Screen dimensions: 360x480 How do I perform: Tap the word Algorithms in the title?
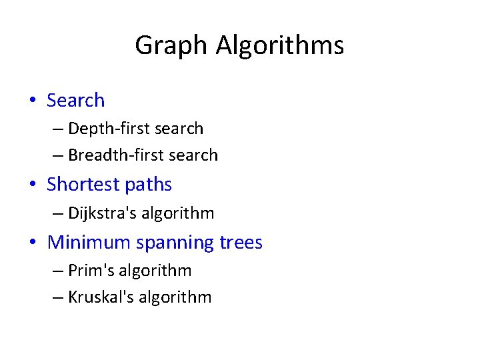pos(280,46)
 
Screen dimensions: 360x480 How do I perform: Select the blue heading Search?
pos(75,101)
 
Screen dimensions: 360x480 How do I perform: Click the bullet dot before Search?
pos(32,101)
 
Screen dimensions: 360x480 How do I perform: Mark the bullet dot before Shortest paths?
pos(32,185)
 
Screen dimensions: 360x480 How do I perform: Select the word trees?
pos(241,242)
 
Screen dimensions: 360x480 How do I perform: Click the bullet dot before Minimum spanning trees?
pos(32,242)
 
